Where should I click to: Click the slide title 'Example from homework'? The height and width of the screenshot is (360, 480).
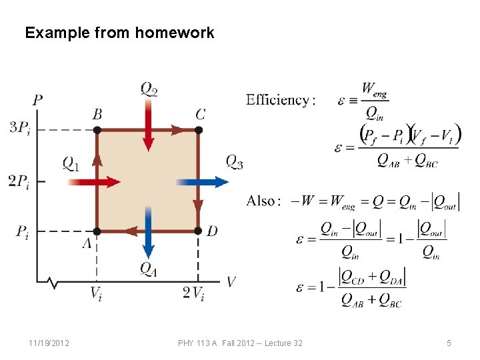119,33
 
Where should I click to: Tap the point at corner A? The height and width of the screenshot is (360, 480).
97,231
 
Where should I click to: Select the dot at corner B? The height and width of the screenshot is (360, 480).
97,130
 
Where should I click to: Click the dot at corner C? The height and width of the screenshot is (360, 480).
199,130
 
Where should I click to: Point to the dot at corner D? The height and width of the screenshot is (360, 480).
198,231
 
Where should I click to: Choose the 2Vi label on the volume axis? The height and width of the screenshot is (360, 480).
195,293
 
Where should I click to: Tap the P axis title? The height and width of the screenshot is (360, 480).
38,101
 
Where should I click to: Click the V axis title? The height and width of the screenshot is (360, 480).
231,282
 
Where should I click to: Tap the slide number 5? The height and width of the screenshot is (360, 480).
449,343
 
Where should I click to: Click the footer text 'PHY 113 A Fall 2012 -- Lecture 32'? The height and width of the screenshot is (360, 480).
240,343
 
